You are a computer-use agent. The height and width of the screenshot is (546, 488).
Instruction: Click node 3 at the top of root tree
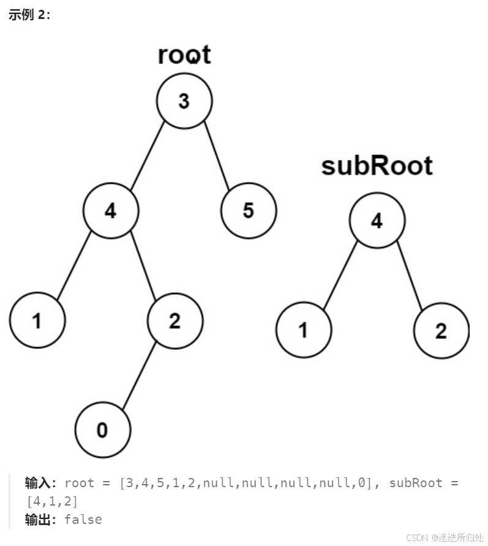[184, 102]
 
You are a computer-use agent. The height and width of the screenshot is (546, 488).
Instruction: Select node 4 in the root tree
[111, 211]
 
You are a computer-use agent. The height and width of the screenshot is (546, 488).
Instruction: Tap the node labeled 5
[248, 211]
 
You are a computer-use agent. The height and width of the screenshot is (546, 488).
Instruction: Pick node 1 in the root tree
[37, 320]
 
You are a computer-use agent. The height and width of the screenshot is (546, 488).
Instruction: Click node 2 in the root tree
[175, 320]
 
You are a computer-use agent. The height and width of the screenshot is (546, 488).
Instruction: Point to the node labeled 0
[102, 430]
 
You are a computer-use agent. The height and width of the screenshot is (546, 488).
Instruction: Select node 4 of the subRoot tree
[377, 221]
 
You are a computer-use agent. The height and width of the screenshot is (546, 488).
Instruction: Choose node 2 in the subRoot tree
[441, 331]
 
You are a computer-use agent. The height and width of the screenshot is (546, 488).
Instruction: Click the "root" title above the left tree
[184, 55]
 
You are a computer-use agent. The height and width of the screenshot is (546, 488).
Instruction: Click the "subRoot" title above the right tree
[377, 166]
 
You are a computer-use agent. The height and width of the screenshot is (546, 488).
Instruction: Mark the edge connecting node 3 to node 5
[216, 156]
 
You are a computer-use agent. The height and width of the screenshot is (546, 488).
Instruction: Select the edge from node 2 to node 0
[139, 375]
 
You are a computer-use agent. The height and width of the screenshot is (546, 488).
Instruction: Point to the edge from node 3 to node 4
[148, 156]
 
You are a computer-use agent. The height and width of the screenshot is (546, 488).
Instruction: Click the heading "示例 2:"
[29, 15]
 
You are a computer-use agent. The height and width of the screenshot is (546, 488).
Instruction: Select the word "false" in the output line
[83, 520]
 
